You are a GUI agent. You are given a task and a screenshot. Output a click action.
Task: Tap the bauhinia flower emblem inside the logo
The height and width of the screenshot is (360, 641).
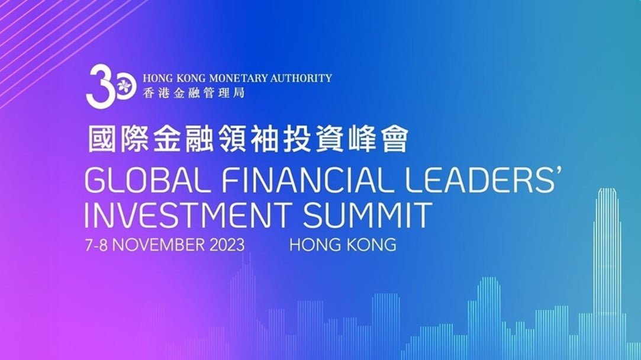point(123,87)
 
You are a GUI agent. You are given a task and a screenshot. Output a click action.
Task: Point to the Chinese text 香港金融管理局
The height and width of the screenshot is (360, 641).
point(193,93)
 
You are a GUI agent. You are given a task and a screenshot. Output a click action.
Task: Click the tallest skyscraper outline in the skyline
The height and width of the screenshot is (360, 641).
point(607,255)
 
